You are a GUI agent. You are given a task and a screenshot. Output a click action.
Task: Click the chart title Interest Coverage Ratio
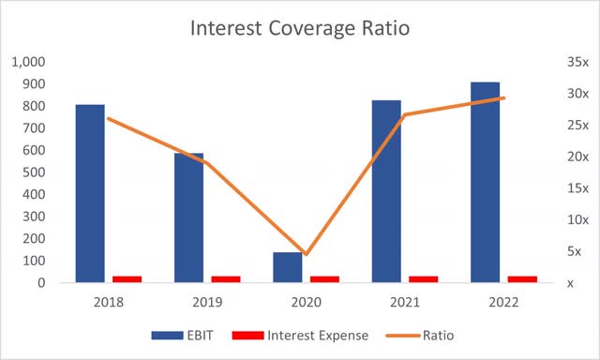coord(299,27)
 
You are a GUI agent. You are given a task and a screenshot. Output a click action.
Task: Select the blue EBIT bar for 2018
coord(90,192)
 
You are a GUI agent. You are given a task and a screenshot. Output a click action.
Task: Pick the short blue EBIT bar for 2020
coord(287,266)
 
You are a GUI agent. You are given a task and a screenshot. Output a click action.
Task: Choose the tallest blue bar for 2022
coord(485,182)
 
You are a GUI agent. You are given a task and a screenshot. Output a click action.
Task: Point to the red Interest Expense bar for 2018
coord(127,278)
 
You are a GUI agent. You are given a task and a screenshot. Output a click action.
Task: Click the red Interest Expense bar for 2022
coord(521,278)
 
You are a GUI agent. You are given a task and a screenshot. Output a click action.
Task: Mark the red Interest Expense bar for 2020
coord(323,278)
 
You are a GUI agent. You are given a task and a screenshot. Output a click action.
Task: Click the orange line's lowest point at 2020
coord(306,254)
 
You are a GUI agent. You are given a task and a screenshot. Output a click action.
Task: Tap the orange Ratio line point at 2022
coord(503,97)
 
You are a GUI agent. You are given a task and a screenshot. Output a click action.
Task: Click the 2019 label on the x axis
coord(207,302)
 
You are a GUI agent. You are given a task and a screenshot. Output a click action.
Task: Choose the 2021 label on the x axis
coord(404,302)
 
